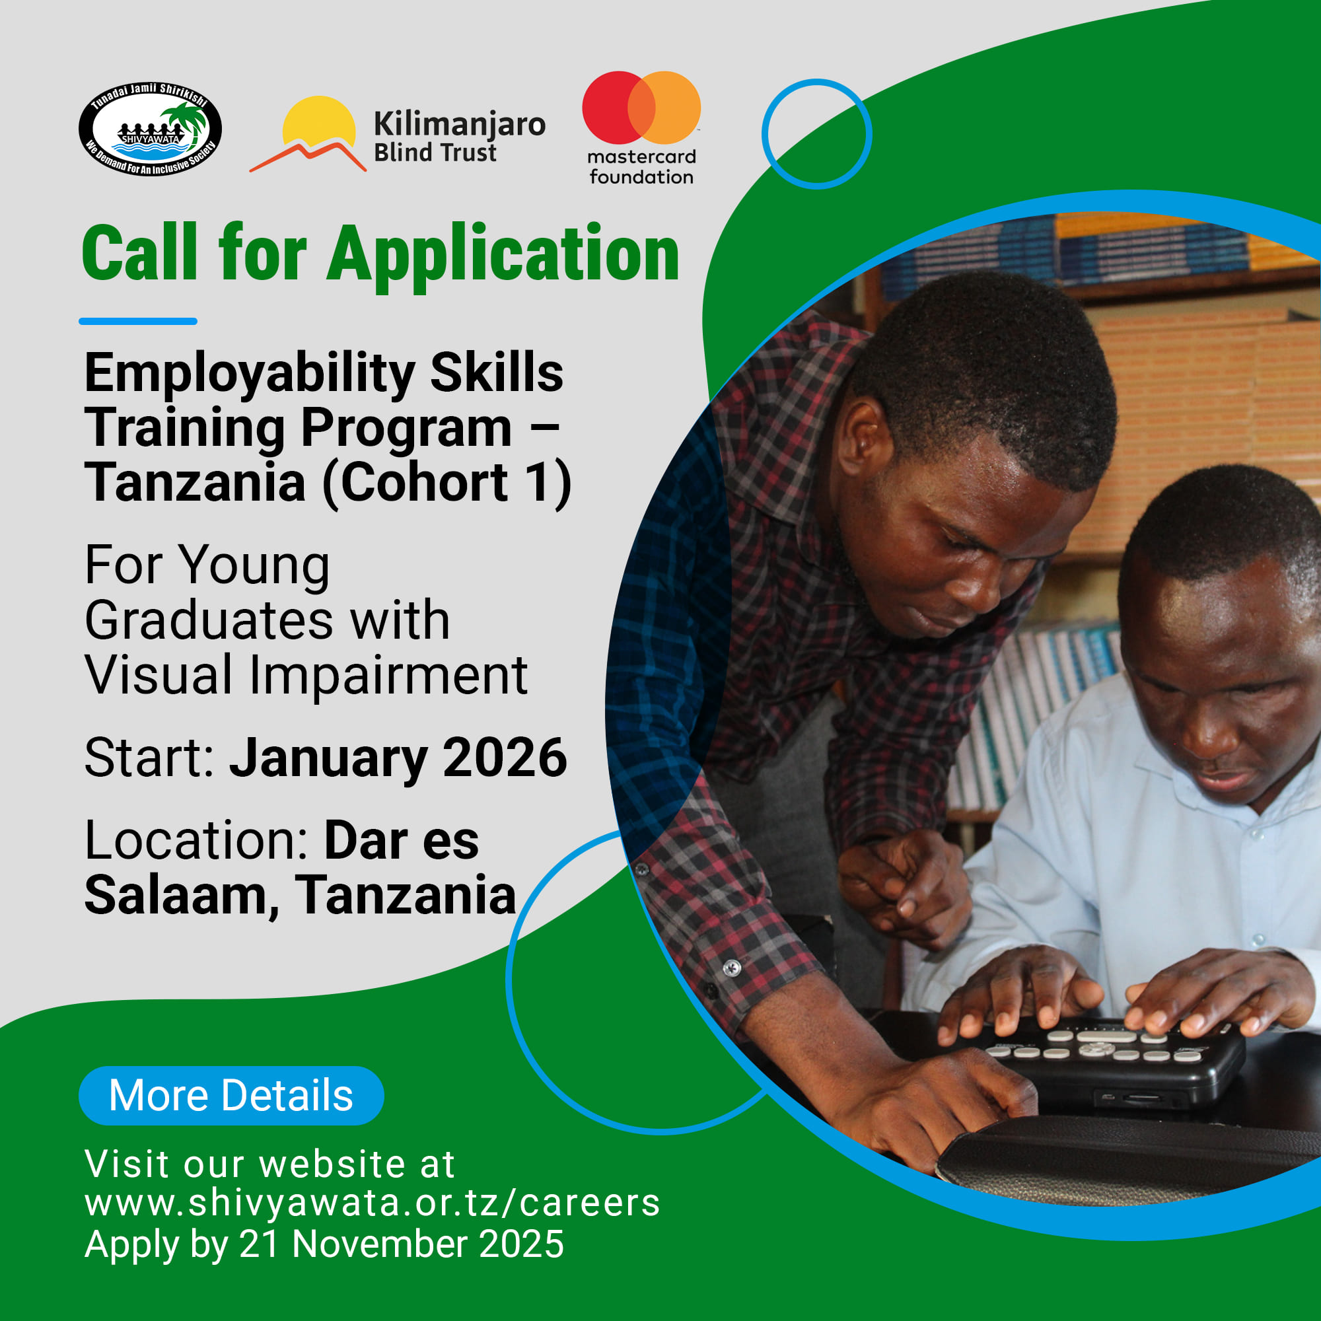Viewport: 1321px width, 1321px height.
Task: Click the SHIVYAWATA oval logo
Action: click(151, 129)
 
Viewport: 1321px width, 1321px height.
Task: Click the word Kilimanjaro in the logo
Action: click(460, 125)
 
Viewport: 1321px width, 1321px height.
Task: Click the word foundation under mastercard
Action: click(641, 177)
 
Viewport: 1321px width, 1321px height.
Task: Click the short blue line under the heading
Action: click(138, 321)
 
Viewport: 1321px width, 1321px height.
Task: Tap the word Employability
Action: click(250, 375)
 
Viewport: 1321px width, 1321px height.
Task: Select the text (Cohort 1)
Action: click(447, 483)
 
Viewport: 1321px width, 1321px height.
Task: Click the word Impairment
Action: click(388, 676)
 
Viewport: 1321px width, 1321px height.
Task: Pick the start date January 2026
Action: click(398, 758)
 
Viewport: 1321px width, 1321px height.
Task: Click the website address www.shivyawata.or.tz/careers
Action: click(372, 1203)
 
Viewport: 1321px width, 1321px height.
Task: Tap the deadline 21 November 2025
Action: click(402, 1244)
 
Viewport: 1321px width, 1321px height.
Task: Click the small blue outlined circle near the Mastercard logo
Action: click(816, 134)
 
